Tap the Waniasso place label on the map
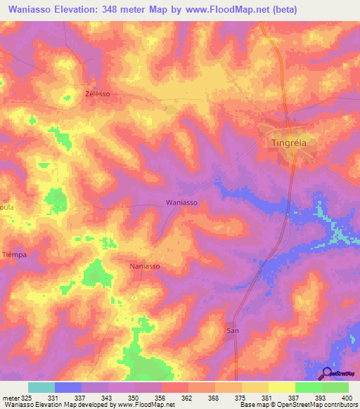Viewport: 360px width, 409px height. [x=181, y=202]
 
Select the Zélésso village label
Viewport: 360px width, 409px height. [x=98, y=93]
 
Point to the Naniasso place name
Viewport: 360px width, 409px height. [x=146, y=266]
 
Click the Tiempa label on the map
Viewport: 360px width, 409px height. [x=14, y=254]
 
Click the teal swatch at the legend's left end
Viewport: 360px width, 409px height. [x=41, y=387]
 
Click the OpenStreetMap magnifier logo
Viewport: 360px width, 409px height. [x=327, y=373]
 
